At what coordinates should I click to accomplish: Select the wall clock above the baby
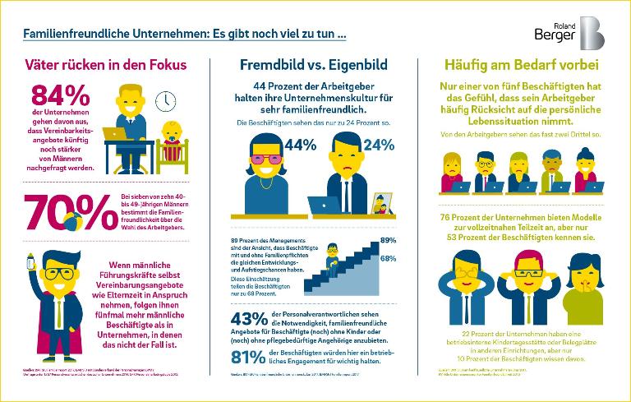click(165, 100)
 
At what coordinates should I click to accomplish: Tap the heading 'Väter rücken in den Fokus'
click(105, 64)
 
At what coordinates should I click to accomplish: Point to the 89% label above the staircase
click(388, 241)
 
